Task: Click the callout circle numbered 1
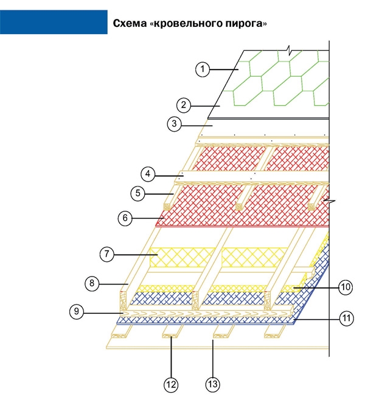click(203, 69)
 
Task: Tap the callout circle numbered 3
click(174, 124)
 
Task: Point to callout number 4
click(148, 174)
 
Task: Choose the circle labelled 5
click(137, 193)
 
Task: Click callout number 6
click(125, 218)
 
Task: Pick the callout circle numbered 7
click(106, 254)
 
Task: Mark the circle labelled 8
click(92, 283)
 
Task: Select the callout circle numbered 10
click(346, 288)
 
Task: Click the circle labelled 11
click(347, 319)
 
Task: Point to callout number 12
click(171, 385)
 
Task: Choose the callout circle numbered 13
click(212, 384)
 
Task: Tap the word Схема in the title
click(130, 23)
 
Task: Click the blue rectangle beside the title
click(54, 22)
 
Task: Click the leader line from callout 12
click(171, 357)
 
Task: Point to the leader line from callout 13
click(213, 358)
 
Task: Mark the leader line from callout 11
click(316, 319)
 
